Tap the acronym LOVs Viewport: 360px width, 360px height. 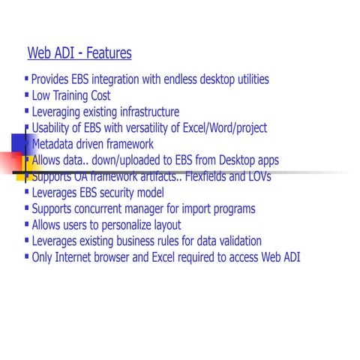(x=258, y=177)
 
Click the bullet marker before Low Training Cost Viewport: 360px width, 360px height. (x=28, y=94)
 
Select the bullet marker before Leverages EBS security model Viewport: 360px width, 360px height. (x=28, y=191)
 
